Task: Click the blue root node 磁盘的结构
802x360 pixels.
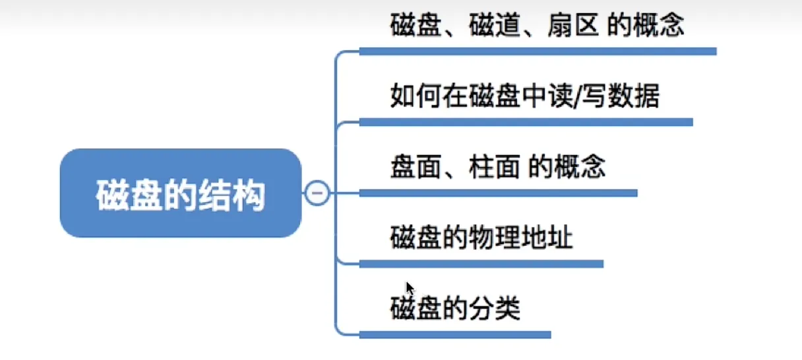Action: click(x=181, y=193)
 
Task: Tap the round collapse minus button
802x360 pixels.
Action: click(x=317, y=193)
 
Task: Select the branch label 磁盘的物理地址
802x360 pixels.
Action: click(x=481, y=237)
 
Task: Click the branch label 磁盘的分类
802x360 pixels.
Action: click(x=455, y=308)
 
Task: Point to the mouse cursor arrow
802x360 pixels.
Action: click(x=410, y=288)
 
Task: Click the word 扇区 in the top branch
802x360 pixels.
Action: click(x=573, y=25)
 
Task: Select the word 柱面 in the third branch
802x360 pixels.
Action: click(x=495, y=167)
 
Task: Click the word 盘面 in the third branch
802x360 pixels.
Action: click(x=416, y=167)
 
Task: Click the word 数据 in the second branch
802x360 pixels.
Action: click(x=634, y=96)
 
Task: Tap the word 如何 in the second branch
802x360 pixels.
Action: click(x=416, y=96)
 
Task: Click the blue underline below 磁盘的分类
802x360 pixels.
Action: click(x=455, y=334)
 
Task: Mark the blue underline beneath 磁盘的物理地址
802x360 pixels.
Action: click(x=481, y=264)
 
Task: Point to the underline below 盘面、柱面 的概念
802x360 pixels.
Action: click(x=499, y=193)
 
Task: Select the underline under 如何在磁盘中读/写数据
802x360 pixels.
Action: click(x=526, y=123)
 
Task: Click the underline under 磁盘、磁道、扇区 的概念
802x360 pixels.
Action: click(x=538, y=51)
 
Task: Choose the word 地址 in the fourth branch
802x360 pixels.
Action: click(x=547, y=237)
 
